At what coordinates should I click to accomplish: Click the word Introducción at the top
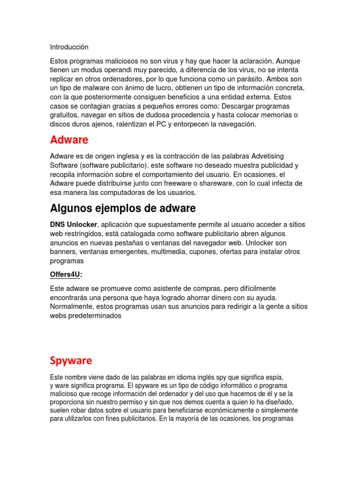(69, 47)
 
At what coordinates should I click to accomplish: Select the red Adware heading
(69, 140)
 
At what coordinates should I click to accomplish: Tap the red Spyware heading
(71, 360)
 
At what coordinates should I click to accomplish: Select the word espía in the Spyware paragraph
(274, 377)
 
